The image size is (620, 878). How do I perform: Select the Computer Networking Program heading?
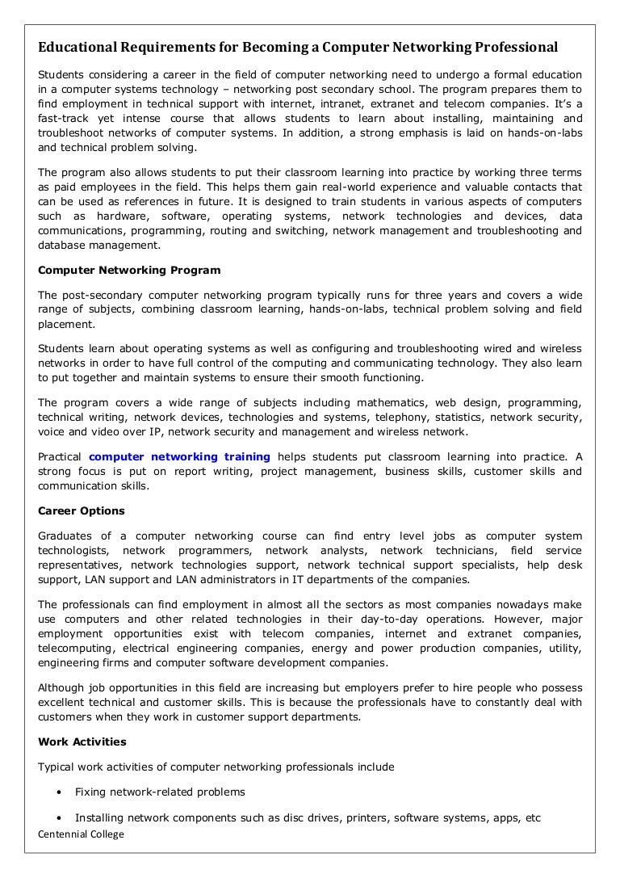coord(129,270)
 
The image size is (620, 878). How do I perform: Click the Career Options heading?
coord(82,511)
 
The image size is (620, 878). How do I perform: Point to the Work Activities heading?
coord(82,741)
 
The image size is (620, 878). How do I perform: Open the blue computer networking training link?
coord(179,457)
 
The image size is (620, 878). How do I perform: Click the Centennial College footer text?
coord(81,834)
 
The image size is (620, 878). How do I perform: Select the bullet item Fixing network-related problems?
coord(160,792)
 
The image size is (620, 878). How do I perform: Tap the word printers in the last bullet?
coord(366,818)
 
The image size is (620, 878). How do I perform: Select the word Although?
coord(65,687)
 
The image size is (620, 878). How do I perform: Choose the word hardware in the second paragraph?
coord(120,216)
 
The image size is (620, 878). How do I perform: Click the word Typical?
coord(58,767)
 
